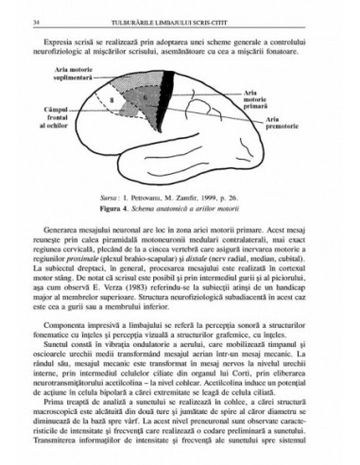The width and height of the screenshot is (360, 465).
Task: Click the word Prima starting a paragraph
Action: tap(55, 421)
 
